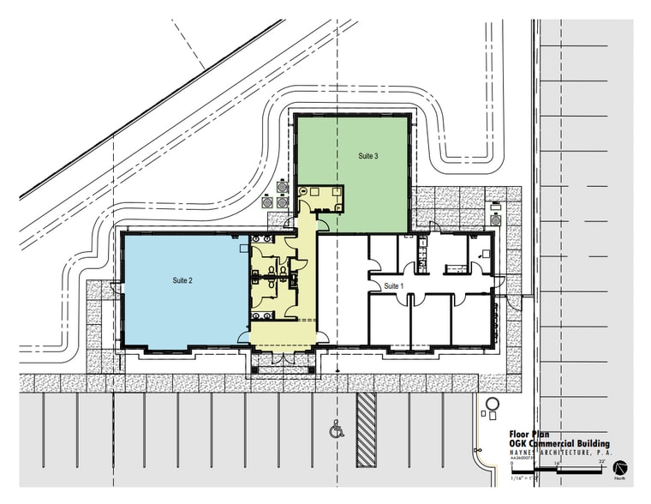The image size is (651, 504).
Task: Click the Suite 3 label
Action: (368, 156)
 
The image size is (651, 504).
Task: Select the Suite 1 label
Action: (393, 285)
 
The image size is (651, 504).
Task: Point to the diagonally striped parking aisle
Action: (367, 429)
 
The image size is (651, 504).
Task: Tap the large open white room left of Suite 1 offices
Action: (343, 291)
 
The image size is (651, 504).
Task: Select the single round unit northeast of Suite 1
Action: (495, 208)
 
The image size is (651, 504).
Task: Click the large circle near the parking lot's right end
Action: (492, 404)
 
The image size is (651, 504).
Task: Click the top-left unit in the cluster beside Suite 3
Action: (282, 184)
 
